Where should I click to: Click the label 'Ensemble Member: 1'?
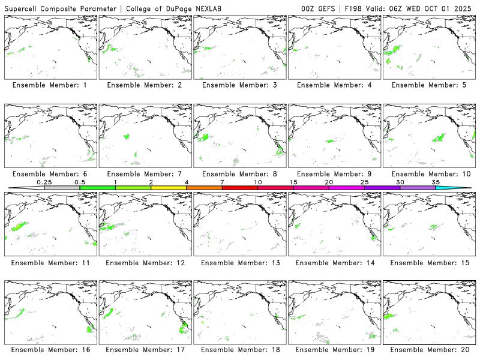50,85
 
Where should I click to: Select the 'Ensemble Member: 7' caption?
144,174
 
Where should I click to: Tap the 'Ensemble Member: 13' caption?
239,263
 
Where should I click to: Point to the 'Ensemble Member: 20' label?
428,349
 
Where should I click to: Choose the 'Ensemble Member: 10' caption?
428,174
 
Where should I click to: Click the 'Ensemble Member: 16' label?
50,349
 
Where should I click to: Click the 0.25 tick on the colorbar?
44,182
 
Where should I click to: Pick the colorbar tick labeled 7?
222,182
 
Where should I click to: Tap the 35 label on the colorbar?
435,182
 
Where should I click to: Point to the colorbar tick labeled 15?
293,182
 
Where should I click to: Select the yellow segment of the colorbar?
169,188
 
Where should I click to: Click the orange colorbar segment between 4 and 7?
204,188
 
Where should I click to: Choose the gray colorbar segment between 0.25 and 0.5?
62,188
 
